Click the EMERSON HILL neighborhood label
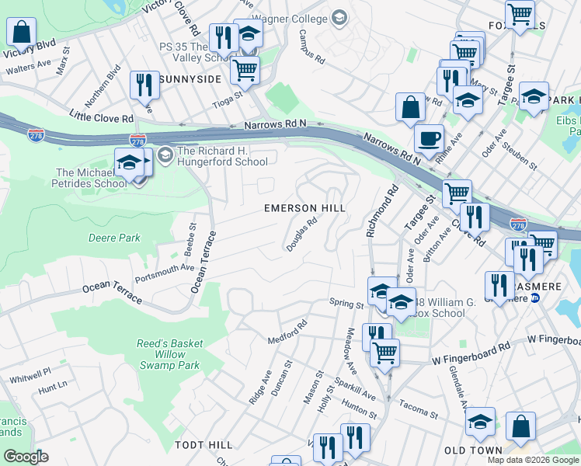pos(304,208)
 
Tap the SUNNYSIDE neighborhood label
pos(191,79)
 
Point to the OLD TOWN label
pos(474,450)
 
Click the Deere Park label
pos(114,238)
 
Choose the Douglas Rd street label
pos(302,234)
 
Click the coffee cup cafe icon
pos(429,139)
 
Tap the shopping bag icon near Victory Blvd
pos(22,33)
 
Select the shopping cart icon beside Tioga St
pos(245,69)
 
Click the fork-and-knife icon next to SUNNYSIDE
pos(144,84)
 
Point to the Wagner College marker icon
pos(338,16)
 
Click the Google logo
pos(26,457)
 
